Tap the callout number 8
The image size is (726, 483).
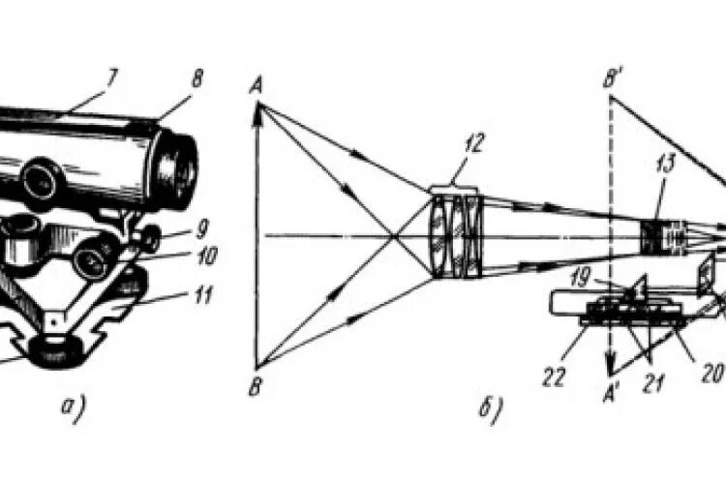point(197,79)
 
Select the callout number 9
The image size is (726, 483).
point(201,230)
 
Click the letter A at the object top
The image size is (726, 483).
point(257,87)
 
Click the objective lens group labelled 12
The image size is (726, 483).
point(456,235)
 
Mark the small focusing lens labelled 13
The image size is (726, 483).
point(662,235)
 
